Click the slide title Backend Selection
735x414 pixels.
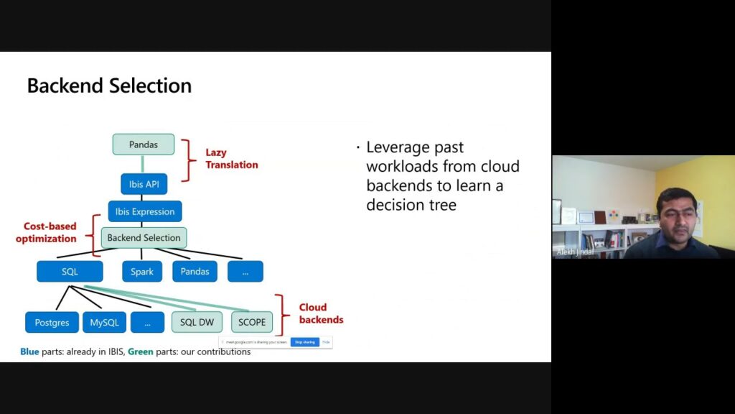pos(109,86)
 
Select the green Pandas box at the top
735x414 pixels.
pos(144,144)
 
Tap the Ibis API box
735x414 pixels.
pos(144,184)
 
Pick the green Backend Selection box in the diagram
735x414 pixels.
pos(144,238)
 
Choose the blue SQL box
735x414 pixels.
pos(70,271)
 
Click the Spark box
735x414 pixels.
pos(142,271)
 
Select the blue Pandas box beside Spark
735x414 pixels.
pos(195,271)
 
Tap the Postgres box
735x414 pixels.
pos(52,322)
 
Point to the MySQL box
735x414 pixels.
pos(104,322)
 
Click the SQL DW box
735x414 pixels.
pos(197,322)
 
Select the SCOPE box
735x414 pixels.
pos(251,322)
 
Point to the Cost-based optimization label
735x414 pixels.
pos(46,232)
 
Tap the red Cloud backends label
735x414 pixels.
pos(321,313)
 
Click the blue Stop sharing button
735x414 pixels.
pos(304,342)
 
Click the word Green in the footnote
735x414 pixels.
pos(141,352)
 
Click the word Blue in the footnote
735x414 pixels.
pos(29,352)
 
